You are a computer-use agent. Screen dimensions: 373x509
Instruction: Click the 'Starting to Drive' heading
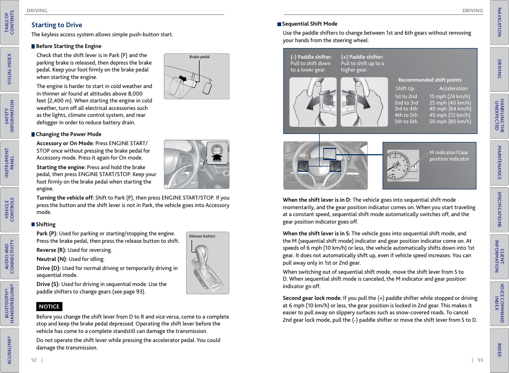(57, 25)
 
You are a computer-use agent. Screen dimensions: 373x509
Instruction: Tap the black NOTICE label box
(50, 306)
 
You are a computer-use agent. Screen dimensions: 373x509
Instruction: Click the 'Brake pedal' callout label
(200, 57)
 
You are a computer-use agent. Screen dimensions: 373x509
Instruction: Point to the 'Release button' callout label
(202, 236)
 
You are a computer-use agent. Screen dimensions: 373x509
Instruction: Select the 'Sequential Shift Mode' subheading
(309, 24)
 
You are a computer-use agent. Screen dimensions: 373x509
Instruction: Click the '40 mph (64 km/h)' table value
(450, 109)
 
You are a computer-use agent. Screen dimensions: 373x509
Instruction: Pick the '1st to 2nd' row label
(405, 97)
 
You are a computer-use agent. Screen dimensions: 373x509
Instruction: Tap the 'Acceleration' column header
(453, 89)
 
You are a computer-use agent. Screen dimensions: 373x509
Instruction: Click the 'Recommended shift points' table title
(430, 80)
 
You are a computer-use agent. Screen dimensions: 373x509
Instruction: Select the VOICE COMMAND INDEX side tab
(499, 303)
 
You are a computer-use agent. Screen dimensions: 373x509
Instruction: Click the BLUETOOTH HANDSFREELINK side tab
(9, 303)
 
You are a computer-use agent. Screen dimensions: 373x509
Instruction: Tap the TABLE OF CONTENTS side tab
(9, 22)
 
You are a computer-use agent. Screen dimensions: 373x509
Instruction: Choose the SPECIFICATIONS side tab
(499, 209)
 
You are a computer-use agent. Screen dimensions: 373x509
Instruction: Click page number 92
(34, 360)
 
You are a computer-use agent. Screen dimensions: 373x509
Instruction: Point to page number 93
(480, 360)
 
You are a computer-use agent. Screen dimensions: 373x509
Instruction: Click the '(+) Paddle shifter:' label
(362, 57)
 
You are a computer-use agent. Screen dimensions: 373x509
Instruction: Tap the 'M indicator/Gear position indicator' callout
(449, 155)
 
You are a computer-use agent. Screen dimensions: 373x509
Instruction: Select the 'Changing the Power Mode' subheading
(68, 134)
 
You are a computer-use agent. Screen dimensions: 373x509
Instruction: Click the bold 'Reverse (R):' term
(51, 250)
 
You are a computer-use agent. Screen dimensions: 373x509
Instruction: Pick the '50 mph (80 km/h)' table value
(450, 121)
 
